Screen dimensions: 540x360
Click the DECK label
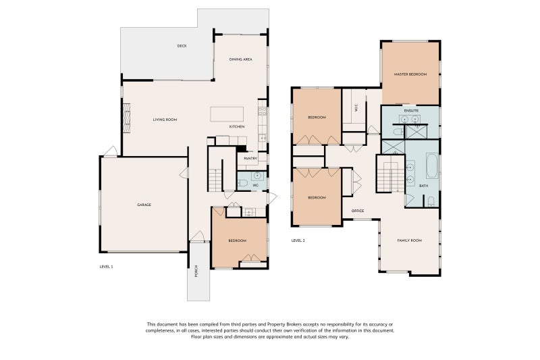click(x=182, y=46)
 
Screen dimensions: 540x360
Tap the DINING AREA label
click(x=241, y=59)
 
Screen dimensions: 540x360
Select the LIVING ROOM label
click(x=165, y=120)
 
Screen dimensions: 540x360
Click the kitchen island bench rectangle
click(x=227, y=114)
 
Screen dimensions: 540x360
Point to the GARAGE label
click(x=144, y=205)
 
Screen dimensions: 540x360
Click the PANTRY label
click(x=250, y=159)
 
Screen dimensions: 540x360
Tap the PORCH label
click(x=196, y=271)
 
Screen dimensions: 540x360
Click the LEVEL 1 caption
click(x=106, y=267)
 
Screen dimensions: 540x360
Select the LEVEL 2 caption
click(x=298, y=240)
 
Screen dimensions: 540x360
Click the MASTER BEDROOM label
click(x=410, y=74)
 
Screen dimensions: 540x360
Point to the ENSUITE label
click(x=411, y=111)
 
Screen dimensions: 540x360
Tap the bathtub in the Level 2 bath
click(x=432, y=165)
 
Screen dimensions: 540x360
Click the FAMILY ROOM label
click(x=410, y=240)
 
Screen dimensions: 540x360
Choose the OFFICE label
click(x=358, y=211)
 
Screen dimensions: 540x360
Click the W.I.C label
click(x=356, y=108)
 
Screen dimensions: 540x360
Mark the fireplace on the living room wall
click(x=127, y=118)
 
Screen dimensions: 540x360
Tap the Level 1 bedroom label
click(x=238, y=240)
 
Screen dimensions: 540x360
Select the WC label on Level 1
click(x=255, y=185)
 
